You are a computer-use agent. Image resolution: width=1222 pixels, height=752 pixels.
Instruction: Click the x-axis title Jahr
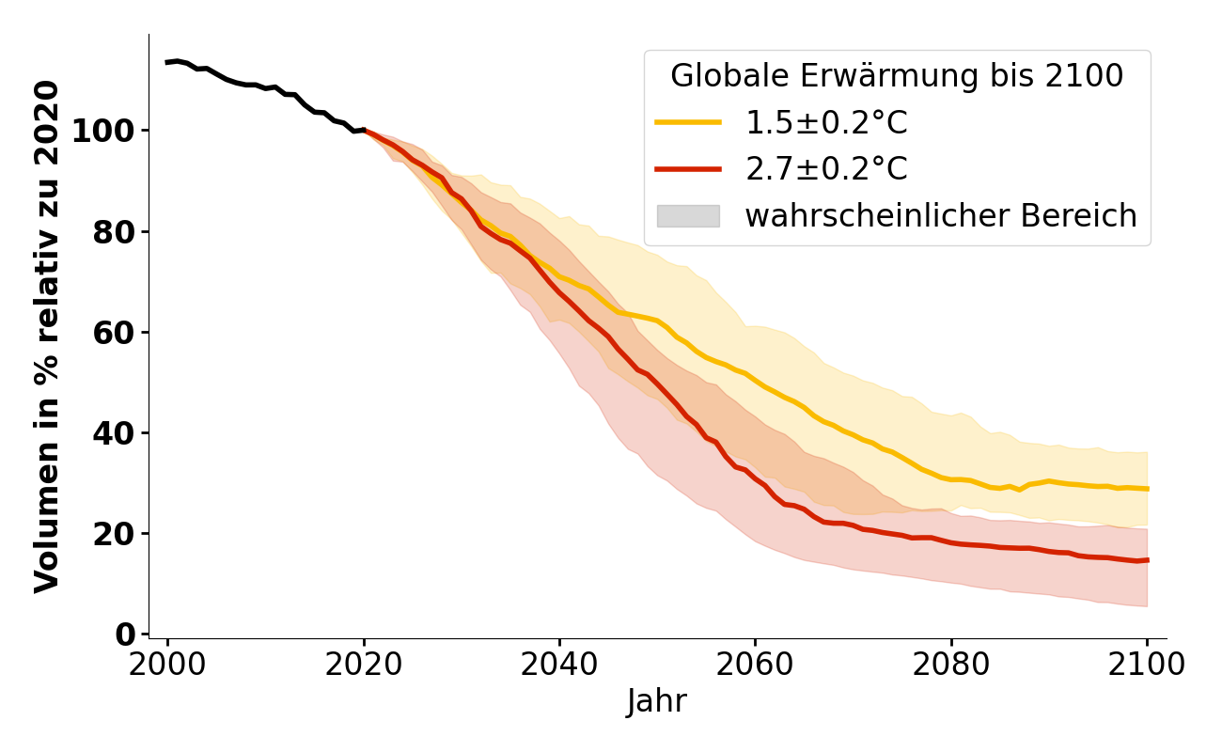click(x=657, y=701)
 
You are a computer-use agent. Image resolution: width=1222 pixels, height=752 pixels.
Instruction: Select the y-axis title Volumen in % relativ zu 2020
click(x=47, y=337)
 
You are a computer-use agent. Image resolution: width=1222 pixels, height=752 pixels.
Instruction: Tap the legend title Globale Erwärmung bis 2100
click(x=897, y=76)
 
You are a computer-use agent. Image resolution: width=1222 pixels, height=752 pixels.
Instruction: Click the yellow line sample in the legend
click(x=688, y=122)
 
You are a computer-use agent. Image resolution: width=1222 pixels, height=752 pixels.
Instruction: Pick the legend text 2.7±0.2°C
click(x=826, y=169)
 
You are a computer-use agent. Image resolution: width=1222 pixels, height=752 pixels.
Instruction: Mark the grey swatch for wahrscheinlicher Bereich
click(x=688, y=216)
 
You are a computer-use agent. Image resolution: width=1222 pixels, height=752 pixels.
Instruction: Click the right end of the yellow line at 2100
click(x=1147, y=489)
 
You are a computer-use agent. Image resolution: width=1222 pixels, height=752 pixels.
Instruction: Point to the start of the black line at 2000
click(x=167, y=62)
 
